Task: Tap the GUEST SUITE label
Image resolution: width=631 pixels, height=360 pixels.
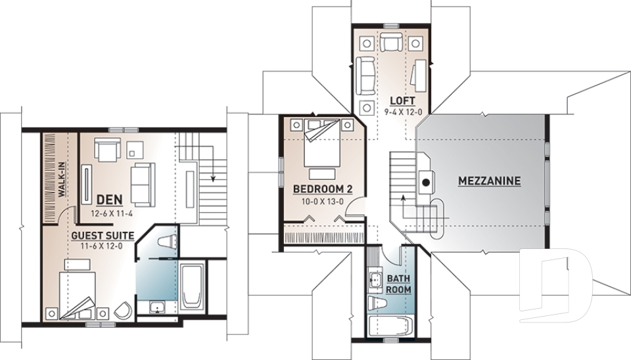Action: (x=103, y=235)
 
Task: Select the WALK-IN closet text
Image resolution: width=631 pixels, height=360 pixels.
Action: (x=60, y=180)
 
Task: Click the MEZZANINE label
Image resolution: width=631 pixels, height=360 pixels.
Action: (x=490, y=180)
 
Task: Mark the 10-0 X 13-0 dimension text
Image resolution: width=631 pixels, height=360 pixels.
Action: (x=323, y=202)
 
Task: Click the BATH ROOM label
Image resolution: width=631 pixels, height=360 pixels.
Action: (x=398, y=284)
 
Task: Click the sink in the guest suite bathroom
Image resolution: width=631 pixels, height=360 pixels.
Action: (x=157, y=307)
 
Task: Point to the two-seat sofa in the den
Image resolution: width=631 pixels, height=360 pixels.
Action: (x=142, y=182)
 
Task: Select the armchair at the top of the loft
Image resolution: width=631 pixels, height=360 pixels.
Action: (x=393, y=44)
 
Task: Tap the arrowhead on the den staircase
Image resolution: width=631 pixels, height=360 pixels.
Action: (x=212, y=177)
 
